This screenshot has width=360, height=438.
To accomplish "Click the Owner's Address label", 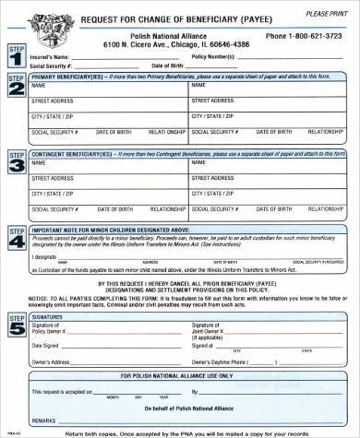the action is click(54, 361).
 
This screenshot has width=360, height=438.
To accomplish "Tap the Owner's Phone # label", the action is click(216, 361).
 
